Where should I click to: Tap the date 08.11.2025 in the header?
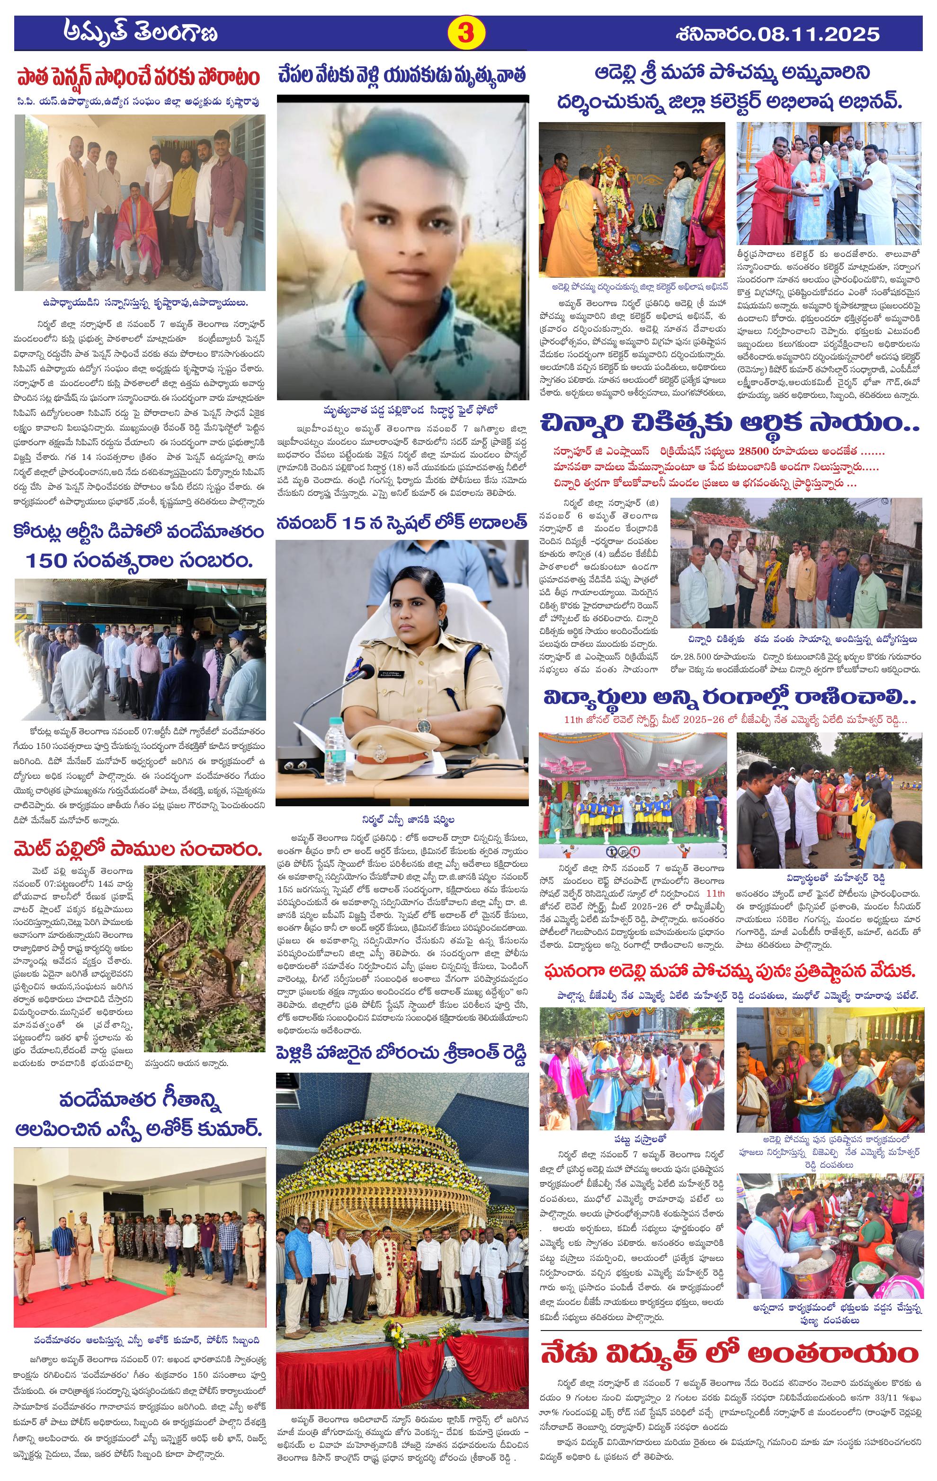(833, 33)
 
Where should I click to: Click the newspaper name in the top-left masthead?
(141, 33)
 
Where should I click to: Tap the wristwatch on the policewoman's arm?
(423, 726)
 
